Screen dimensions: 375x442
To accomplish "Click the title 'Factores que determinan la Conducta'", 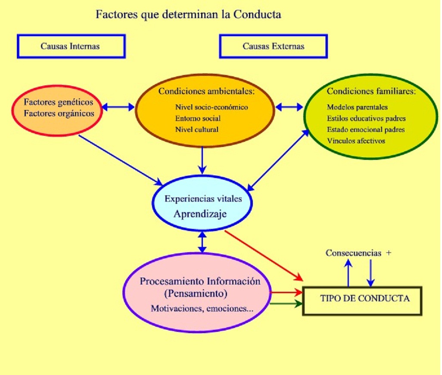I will click(x=188, y=14).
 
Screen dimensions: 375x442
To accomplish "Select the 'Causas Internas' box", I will click(x=71, y=47).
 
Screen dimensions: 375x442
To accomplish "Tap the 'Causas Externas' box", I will click(x=273, y=47).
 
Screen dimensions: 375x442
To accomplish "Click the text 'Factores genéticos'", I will click(x=58, y=103).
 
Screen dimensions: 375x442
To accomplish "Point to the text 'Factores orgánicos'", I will click(x=58, y=114).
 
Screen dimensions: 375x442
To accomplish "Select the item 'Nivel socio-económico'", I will click(x=212, y=107).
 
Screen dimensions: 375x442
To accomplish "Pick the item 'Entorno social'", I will click(x=198, y=118).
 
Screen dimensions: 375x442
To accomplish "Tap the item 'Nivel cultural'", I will click(x=197, y=129).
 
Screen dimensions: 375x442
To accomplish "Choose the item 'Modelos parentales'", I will click(x=357, y=107).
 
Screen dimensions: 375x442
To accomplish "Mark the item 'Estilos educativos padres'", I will click(x=366, y=118).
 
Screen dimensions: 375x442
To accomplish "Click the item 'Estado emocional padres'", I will click(x=366, y=129).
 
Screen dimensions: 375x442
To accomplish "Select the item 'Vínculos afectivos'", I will click(x=356, y=141).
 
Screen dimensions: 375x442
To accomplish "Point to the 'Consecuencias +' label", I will click(x=358, y=253).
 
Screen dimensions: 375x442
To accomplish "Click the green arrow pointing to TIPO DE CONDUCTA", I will click(x=286, y=305).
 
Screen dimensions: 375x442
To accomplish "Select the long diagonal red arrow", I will click(x=263, y=255).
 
